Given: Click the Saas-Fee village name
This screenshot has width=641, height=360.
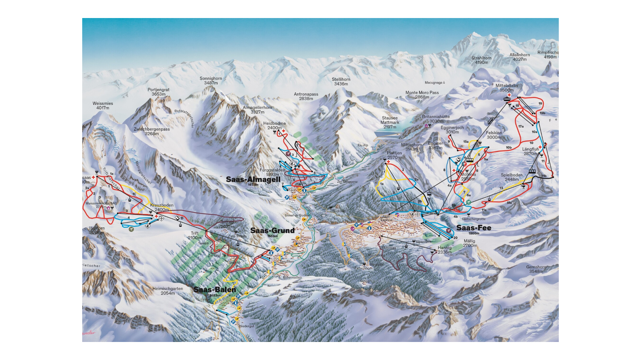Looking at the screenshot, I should (474, 228).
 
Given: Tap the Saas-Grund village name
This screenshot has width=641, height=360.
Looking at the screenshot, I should (272, 230).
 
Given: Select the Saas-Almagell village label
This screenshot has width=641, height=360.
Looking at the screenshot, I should (253, 179).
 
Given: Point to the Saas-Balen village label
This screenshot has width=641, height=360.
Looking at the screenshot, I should (215, 290).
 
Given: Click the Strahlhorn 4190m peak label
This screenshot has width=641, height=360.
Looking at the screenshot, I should (481, 60).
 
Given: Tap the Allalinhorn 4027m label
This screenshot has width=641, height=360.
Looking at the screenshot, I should (519, 57).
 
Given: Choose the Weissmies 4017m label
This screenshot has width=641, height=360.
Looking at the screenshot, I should (103, 106).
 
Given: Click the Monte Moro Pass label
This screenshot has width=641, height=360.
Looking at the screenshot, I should (422, 95).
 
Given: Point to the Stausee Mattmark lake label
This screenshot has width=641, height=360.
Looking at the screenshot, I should (390, 122).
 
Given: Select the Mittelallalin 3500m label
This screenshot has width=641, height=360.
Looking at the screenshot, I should (506, 88).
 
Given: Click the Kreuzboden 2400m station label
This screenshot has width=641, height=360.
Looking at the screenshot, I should (161, 207).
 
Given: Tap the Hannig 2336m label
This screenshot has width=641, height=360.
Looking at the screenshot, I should (444, 250).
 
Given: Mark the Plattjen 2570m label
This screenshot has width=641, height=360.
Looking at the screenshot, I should (394, 155).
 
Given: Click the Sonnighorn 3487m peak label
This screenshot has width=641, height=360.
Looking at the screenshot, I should (211, 80).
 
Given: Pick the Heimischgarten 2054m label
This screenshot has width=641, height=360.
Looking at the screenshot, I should (167, 291).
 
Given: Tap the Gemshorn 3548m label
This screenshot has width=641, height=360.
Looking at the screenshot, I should (536, 269).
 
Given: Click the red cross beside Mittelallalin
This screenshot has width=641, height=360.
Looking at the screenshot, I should (509, 95).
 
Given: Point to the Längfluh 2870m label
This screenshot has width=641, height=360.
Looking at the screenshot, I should (530, 151).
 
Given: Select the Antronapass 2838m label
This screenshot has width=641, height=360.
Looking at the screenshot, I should (306, 96).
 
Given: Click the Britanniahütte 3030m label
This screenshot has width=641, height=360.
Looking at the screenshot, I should (436, 119).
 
